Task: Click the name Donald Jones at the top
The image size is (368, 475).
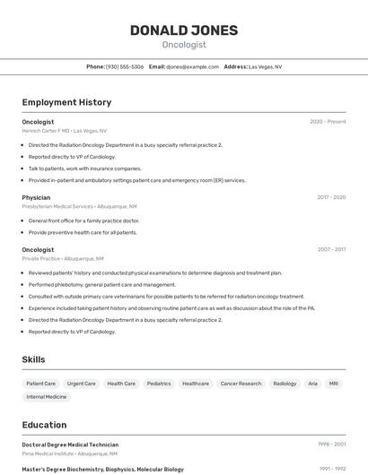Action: coord(184,30)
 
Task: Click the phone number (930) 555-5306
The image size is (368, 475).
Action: coord(125,66)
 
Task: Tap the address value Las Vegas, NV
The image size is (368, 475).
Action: coord(265,66)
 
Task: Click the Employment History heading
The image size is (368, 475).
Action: coord(66,102)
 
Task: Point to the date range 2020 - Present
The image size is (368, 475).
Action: coord(328,122)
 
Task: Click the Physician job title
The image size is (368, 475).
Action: coord(36,197)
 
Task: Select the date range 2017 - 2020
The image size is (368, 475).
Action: coord(331,197)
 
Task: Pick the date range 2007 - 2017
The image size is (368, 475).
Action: coord(331,250)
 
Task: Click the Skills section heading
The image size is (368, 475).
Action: coord(34,359)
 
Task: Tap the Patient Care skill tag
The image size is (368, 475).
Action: coord(41,384)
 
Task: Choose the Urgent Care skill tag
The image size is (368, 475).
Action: coord(82,384)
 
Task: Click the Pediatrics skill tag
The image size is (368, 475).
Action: coord(159,384)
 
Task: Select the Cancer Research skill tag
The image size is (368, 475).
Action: coord(241,384)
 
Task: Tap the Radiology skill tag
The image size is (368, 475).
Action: coord(285,384)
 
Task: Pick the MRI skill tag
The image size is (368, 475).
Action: coord(334,384)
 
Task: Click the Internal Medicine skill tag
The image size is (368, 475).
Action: coord(47,396)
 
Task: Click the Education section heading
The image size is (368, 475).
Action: coord(44,425)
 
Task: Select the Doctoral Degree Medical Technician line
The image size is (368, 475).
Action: coord(70,445)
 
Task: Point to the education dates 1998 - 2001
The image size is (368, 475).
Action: coord(331,445)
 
